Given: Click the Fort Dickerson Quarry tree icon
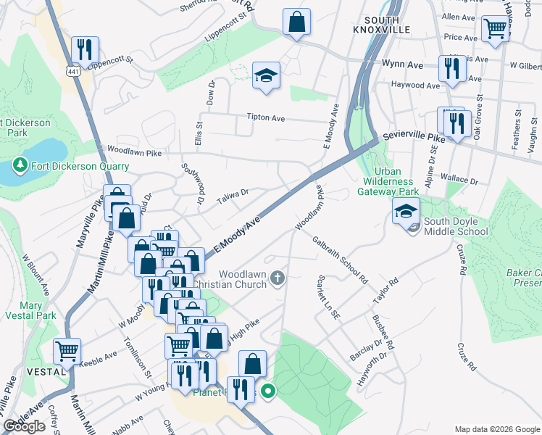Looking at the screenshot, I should [20, 166].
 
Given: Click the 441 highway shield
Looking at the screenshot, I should [72, 72].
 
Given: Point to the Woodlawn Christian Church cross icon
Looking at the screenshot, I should [277, 278].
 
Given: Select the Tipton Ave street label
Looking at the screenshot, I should [266, 117].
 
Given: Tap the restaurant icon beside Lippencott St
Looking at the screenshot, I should [86, 51].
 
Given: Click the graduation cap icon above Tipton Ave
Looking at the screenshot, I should [267, 75].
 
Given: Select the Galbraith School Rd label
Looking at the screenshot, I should [340, 258].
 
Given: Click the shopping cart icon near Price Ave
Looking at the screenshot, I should [495, 30].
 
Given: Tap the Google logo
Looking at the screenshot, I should [24, 426].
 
